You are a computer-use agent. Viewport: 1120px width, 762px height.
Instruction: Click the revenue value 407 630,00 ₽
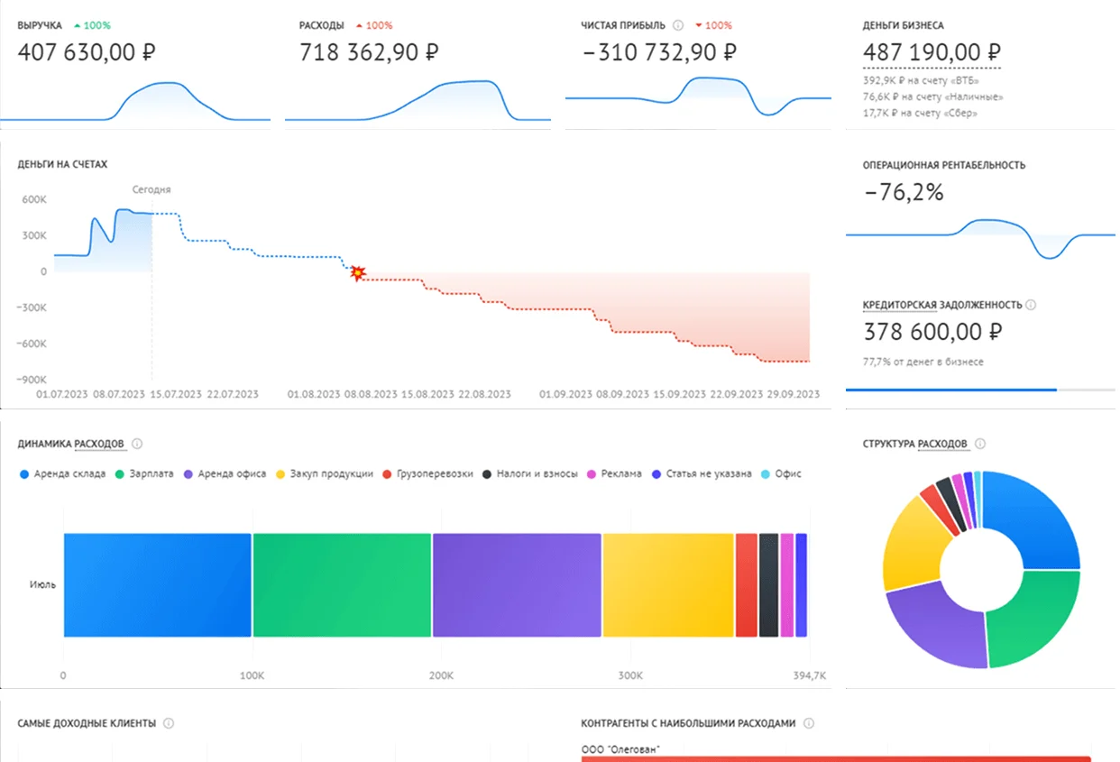(87, 52)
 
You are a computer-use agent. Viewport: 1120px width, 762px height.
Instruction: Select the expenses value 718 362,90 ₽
(369, 52)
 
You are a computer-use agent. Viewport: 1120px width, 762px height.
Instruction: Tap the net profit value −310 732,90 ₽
(659, 52)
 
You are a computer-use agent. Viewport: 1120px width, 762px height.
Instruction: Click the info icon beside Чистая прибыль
(678, 25)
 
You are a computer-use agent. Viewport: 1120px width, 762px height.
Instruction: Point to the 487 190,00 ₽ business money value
(932, 52)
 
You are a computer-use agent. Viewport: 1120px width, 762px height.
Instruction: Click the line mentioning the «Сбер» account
(920, 114)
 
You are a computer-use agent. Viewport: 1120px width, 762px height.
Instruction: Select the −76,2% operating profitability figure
(904, 192)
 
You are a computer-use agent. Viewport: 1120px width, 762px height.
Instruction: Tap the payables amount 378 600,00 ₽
(932, 332)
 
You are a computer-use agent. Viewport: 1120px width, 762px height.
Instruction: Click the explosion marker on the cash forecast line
(358, 272)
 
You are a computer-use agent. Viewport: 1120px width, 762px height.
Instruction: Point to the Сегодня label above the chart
(151, 189)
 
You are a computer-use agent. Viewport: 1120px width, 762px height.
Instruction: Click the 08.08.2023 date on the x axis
(372, 394)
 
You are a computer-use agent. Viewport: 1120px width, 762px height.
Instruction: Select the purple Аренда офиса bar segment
(517, 585)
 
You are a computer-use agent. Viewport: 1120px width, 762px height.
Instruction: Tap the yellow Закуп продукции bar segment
(668, 585)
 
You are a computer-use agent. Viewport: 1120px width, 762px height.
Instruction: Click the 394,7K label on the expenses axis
(809, 675)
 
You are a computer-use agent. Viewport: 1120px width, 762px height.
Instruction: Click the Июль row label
(42, 584)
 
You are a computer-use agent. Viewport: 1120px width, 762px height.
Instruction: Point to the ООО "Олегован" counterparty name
(620, 748)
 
